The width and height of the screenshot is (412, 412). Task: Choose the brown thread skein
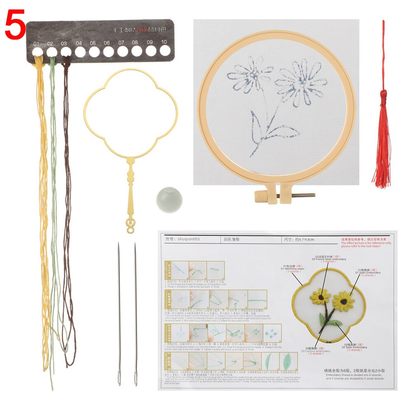click(x=67, y=206)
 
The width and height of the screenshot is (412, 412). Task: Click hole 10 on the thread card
click(x=165, y=51)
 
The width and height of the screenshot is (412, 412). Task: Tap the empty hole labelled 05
click(x=94, y=51)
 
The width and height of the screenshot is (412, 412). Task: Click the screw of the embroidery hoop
click(x=297, y=195)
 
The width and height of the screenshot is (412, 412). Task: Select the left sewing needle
click(x=119, y=313)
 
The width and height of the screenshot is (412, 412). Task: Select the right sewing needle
click(x=135, y=313)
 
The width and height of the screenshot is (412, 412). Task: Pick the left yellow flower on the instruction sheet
click(x=320, y=296)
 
